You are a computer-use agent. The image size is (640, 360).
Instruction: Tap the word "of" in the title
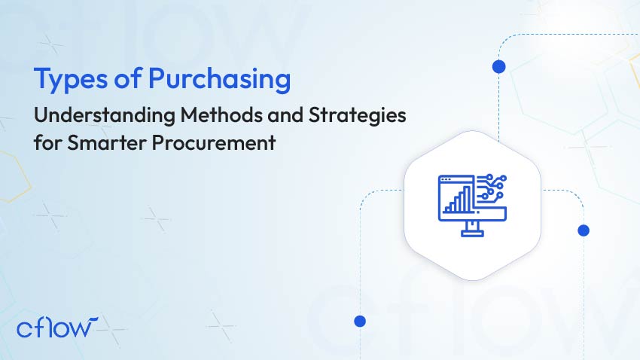tap(120, 79)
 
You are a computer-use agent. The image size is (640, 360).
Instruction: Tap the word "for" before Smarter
tap(47, 143)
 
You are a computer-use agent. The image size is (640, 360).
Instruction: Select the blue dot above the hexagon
tap(498, 66)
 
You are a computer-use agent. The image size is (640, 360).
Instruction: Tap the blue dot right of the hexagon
tap(583, 230)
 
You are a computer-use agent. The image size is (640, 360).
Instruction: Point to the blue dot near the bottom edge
tap(360, 321)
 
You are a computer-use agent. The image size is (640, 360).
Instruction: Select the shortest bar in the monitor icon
tap(448, 207)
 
